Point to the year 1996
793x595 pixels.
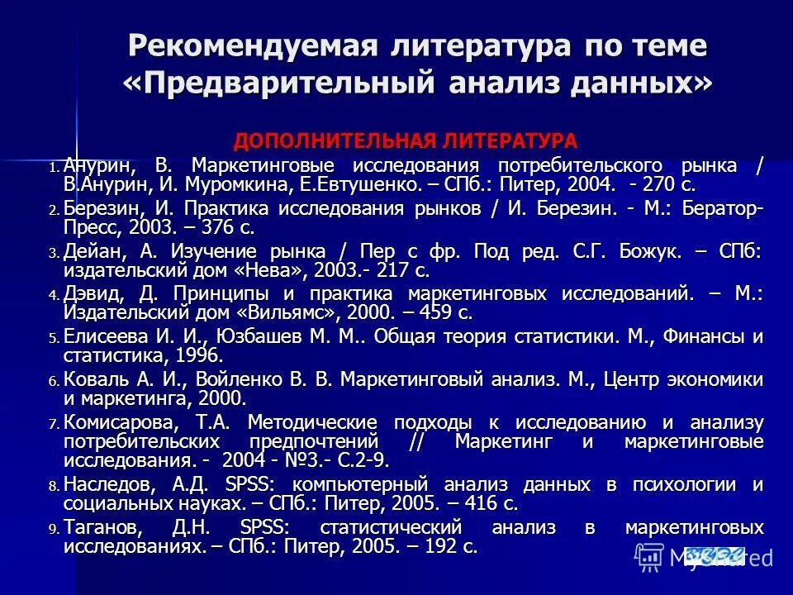pos(196,356)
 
